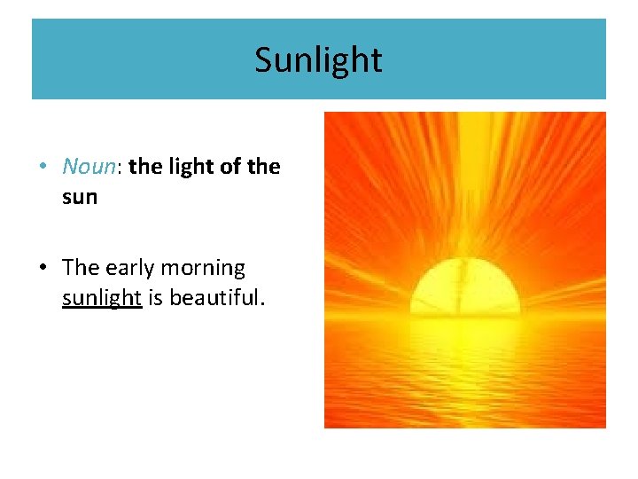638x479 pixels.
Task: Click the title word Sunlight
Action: coord(318,60)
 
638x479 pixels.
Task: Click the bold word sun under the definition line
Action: coord(80,197)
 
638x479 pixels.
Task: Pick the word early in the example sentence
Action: coord(127,268)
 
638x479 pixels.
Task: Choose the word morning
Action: coord(202,268)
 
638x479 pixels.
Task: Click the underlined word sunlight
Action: coord(102,298)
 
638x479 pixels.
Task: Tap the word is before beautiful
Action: coord(155,297)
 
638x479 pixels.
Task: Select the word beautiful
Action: coord(214,297)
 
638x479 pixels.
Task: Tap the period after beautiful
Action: coord(262,303)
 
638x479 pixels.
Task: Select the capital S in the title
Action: coord(263,60)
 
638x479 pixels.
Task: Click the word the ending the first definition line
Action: coord(264,167)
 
